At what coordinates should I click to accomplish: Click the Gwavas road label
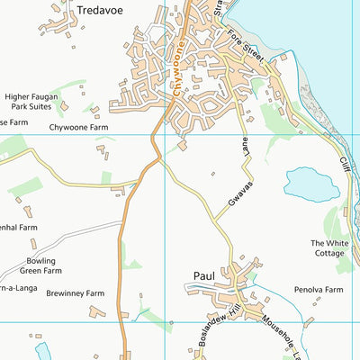(236, 195)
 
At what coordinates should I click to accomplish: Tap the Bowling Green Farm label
(42, 265)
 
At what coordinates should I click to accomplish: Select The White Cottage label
(328, 248)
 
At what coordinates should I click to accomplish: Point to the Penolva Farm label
(319, 291)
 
